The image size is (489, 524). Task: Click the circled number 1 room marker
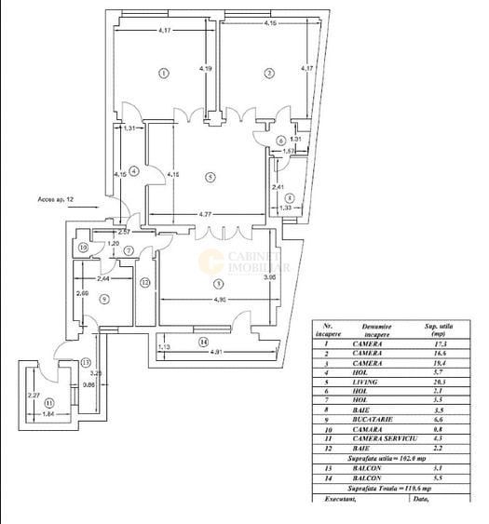(x=163, y=73)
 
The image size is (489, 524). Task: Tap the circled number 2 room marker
(x=268, y=73)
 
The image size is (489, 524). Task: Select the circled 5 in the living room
(x=211, y=177)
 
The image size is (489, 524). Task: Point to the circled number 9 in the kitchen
(x=103, y=299)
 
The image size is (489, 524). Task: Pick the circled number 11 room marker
(x=36, y=403)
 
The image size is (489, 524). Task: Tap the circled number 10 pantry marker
(x=84, y=249)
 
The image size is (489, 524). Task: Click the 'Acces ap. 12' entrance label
(x=56, y=199)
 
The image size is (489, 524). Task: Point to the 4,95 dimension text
(x=220, y=300)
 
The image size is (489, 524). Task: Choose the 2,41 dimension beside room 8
(x=278, y=187)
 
